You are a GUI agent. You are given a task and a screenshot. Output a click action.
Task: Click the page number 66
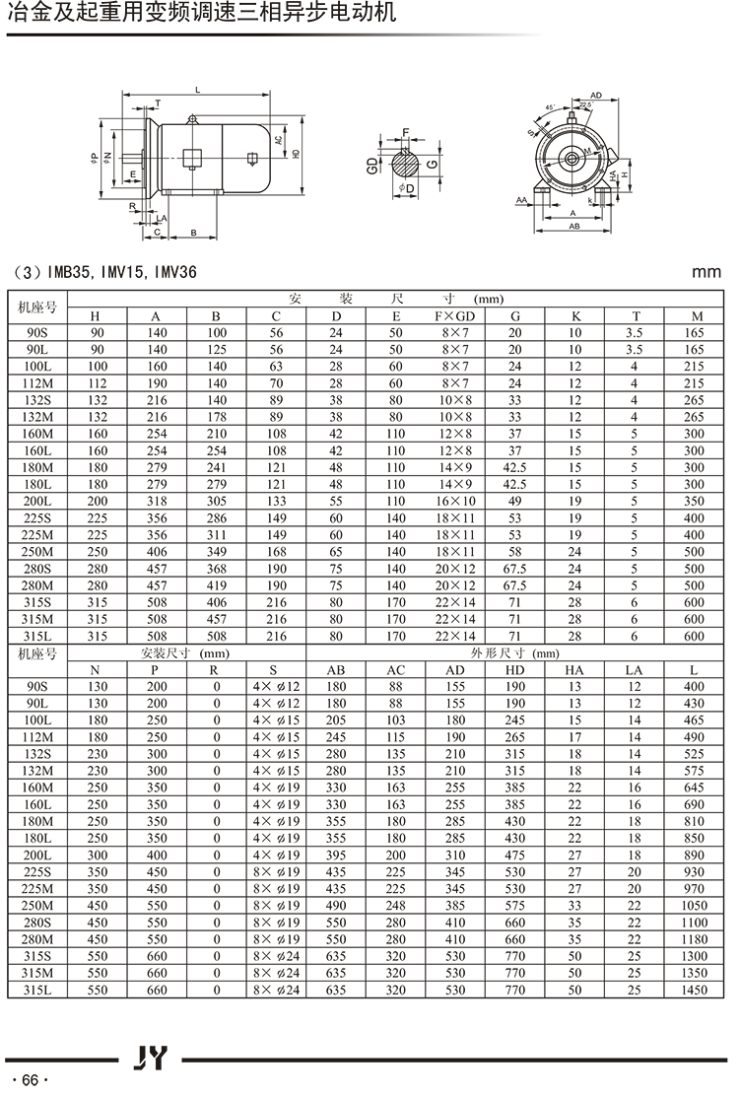pos(30,1079)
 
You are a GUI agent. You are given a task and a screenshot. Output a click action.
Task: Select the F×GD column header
pos(455,316)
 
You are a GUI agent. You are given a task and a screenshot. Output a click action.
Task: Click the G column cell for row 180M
pos(514,467)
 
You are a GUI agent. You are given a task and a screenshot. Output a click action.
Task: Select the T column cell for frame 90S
pos(636,333)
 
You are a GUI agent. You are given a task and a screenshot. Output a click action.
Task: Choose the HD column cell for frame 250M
pos(514,905)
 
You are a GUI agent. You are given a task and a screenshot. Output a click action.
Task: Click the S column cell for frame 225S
pos(275,871)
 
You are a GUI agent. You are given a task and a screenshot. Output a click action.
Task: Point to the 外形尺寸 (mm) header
pos(517,652)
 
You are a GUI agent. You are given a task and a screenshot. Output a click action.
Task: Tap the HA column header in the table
pos(574,669)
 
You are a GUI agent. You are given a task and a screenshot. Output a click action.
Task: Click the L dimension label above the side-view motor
pos(197,90)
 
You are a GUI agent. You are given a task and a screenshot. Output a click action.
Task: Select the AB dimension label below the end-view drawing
pos(573,226)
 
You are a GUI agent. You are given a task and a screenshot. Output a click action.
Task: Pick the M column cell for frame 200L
pos(695,501)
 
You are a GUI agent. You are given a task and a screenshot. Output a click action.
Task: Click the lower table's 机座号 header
pos(37,652)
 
